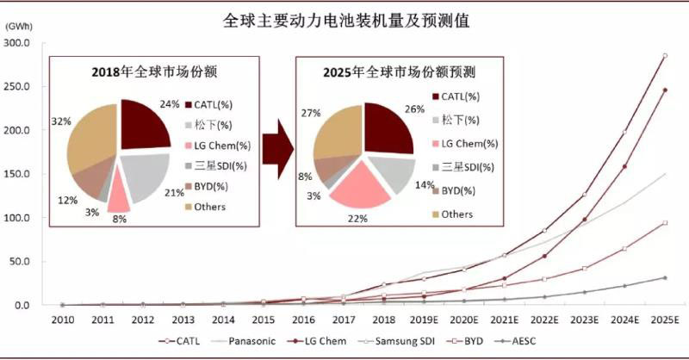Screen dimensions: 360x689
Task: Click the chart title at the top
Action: (344, 19)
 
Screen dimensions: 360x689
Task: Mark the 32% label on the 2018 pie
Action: (61, 121)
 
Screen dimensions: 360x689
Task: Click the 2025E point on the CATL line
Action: (664, 56)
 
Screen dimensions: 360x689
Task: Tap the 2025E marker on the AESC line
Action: (664, 277)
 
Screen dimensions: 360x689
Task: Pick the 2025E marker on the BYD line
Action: (664, 223)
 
